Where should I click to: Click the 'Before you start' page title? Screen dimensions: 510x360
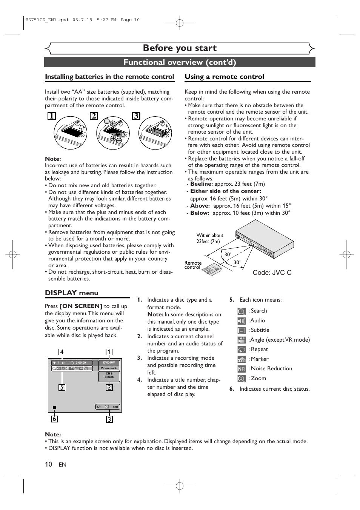click(180, 48)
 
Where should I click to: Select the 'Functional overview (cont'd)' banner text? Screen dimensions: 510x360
click(180, 62)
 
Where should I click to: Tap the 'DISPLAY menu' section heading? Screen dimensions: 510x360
click(71, 293)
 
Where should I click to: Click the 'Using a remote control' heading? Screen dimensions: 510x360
click(224, 77)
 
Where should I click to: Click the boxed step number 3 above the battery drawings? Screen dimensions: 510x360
click(136, 116)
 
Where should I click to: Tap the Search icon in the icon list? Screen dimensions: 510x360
click(242, 311)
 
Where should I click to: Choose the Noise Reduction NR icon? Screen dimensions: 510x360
click(242, 369)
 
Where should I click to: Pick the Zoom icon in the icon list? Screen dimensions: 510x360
click(242, 379)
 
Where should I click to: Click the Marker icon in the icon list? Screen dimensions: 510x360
click(242, 359)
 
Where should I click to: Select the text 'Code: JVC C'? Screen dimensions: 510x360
click(272, 273)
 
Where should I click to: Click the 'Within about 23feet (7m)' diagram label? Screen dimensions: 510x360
click(209, 238)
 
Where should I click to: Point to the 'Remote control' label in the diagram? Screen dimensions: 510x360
click(193, 265)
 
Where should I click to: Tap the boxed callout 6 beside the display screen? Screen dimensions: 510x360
click(55, 419)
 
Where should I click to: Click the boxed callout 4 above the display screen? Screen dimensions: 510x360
click(62, 352)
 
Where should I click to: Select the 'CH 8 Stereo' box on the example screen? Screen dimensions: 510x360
click(109, 376)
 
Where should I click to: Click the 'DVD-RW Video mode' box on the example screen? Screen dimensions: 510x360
click(109, 365)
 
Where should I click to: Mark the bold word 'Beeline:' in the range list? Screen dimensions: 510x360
click(202, 184)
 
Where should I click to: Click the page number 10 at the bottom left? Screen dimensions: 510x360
click(48, 464)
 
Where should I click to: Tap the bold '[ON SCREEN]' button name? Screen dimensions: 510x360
click(81, 306)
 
